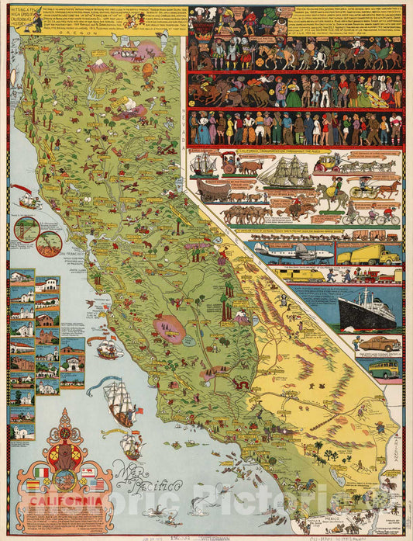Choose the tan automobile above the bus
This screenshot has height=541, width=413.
click(x=379, y=343)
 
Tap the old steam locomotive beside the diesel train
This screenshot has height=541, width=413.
click(x=364, y=275)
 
